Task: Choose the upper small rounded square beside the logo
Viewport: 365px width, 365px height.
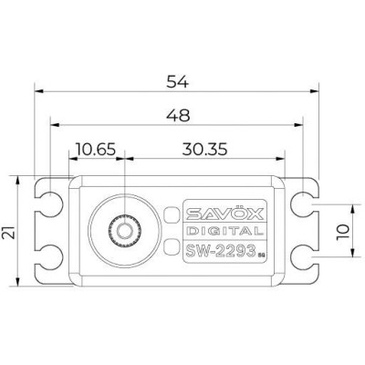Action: coord(171,215)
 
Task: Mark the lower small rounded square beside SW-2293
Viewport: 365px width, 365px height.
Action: coord(171,244)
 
